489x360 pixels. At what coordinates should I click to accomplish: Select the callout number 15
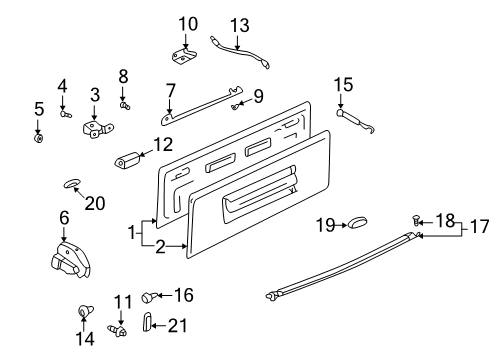(343, 85)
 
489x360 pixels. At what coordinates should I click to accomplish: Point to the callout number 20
(95, 203)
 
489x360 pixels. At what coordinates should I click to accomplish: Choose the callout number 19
(326, 225)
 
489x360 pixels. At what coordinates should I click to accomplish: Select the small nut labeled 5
(39, 136)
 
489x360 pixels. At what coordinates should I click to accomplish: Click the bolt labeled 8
(124, 105)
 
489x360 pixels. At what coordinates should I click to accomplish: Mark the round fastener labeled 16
(148, 296)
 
